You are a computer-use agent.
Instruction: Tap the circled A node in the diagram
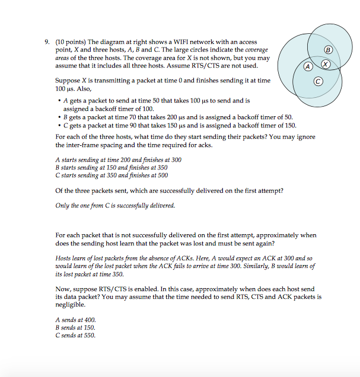pos(307,66)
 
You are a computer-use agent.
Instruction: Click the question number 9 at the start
pos(46,42)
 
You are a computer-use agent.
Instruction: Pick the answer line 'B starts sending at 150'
pos(111,167)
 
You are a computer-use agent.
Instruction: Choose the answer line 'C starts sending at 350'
pos(111,175)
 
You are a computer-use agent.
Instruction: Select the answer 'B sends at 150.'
pos(75,327)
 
